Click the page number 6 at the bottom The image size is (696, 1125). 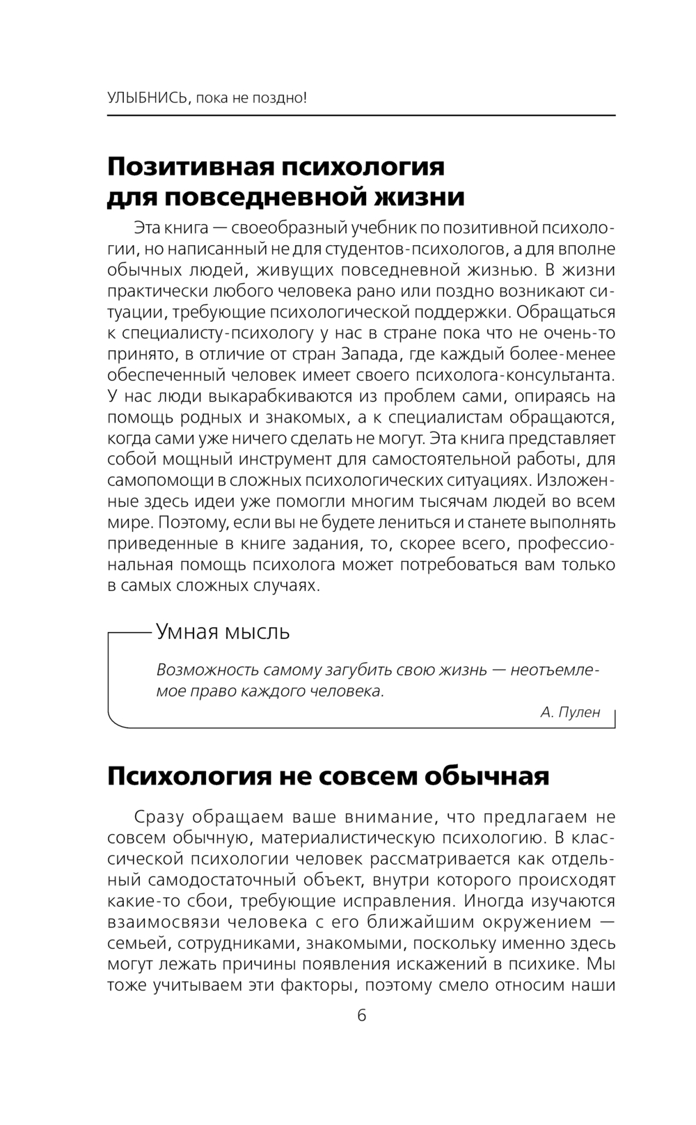tap(361, 1015)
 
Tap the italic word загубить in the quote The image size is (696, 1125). tap(358, 670)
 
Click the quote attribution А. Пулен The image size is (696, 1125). tap(569, 712)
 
